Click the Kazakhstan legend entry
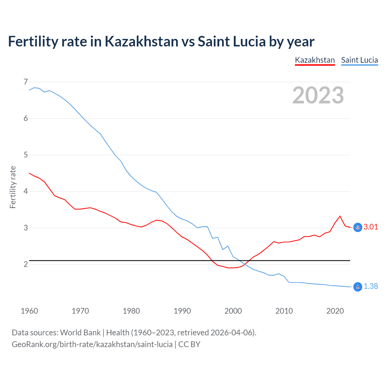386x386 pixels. (x=315, y=60)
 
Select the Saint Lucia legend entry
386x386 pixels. (x=359, y=60)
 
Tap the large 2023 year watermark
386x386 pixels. (x=318, y=95)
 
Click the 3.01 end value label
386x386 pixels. (x=371, y=227)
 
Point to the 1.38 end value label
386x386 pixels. (x=371, y=286)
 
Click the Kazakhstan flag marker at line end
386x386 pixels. (x=358, y=227)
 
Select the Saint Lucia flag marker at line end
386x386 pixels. (x=358, y=287)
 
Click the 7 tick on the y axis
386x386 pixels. (x=26, y=82)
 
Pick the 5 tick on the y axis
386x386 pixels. (x=26, y=155)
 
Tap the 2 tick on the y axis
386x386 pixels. (x=26, y=264)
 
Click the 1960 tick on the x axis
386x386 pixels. (x=29, y=311)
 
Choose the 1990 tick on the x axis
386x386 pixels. (x=182, y=311)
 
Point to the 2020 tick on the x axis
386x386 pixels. (x=335, y=311)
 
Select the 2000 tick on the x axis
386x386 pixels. (x=233, y=311)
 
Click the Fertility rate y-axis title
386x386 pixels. (x=13, y=187)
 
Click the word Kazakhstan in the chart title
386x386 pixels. (x=141, y=41)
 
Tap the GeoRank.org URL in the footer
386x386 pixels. (x=92, y=344)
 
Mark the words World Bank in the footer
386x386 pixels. (x=80, y=333)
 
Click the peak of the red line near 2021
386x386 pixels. (x=340, y=216)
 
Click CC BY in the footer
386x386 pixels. (x=189, y=344)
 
